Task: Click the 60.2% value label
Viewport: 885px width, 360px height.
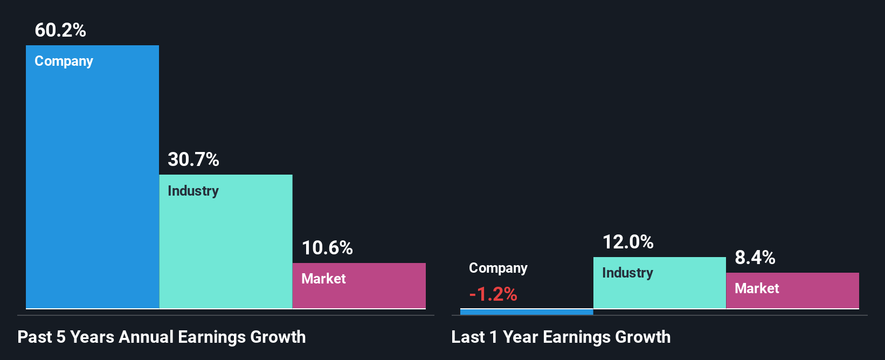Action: (x=60, y=30)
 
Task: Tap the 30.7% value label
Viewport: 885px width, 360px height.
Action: (x=193, y=160)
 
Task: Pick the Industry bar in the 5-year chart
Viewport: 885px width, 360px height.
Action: (x=225, y=248)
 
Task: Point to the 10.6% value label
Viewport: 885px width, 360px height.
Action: (x=327, y=248)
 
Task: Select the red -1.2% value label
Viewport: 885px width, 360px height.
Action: (x=493, y=294)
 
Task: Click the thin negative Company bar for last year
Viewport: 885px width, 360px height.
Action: (x=527, y=311)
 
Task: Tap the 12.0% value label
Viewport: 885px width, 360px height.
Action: (x=628, y=242)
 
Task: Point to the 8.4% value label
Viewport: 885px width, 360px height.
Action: (x=755, y=258)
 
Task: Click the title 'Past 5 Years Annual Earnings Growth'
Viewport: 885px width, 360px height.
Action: (x=162, y=337)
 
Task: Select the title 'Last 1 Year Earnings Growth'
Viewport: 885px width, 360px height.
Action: (x=561, y=337)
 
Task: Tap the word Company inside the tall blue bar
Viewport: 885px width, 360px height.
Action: (x=64, y=61)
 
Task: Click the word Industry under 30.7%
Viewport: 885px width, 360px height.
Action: (x=193, y=191)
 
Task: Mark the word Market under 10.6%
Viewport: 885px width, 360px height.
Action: (x=323, y=279)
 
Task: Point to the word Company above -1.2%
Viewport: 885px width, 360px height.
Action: (x=498, y=268)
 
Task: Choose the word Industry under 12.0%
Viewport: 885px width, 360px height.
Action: (x=627, y=273)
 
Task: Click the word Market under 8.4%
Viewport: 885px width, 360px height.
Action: (x=757, y=288)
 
